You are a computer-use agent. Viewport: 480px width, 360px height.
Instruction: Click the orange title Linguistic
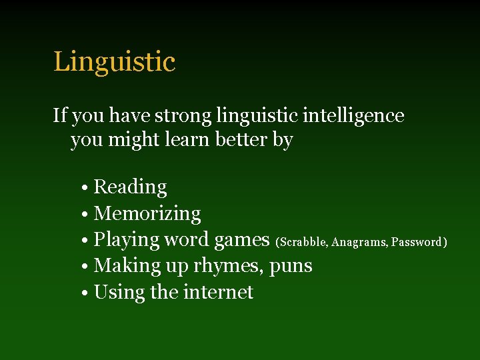coord(114,62)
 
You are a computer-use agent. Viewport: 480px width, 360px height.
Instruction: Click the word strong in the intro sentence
coord(184,116)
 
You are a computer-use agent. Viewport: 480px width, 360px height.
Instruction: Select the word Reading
coord(130,187)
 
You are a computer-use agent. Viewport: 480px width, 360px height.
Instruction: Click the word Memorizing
coord(147,214)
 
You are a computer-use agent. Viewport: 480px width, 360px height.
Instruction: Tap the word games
coord(241,240)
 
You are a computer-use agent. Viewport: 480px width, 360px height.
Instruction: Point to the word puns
coord(291,267)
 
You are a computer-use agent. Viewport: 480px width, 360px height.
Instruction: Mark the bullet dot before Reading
coord(87,188)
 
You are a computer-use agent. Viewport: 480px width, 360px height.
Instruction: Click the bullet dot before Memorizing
coord(87,215)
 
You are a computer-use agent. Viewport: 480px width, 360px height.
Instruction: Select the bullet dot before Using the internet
coord(87,293)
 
